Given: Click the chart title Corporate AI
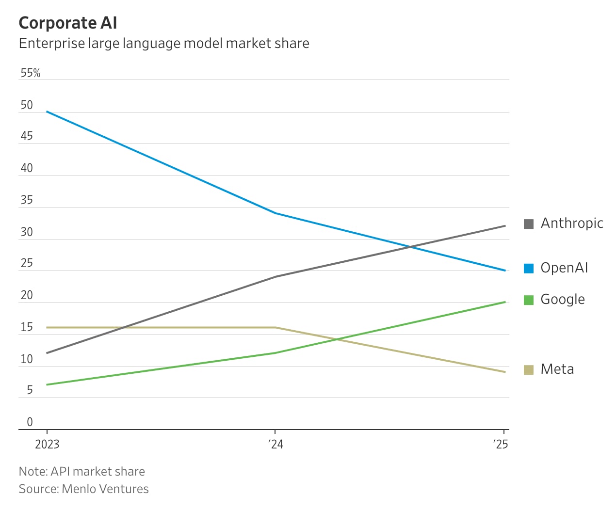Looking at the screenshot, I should pos(68,23).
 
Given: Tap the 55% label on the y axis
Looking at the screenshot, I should pos(30,73).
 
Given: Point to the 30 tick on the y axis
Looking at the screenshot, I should pos(27,232).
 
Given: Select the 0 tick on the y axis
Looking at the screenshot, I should pos(30,422).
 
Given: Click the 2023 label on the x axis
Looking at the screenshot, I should pos(47,444).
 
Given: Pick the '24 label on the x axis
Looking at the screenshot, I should pos(276,444).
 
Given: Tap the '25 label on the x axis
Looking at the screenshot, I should pos(501,444).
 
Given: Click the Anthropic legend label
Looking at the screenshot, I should pos(572,223).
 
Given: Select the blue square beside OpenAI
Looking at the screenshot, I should pos(529,268).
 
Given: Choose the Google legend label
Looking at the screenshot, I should pos(563,299).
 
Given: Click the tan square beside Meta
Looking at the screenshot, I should pos(529,369).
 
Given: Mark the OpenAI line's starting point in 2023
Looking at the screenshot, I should pos(47,112).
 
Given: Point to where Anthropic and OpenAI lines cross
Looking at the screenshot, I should pos(410,247).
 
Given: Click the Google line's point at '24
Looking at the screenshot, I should pos(276,353).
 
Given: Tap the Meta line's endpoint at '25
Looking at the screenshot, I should pos(505,372).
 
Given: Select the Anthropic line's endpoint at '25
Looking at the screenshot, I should pos(505,226).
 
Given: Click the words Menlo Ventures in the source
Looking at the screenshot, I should pos(105,489).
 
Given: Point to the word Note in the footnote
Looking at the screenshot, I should pos(32,471).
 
